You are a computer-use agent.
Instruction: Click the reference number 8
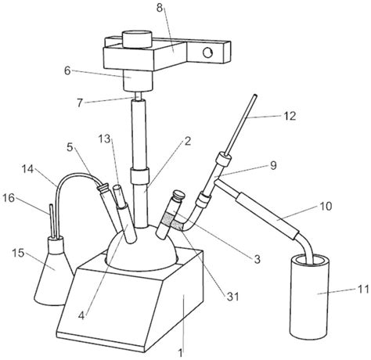pos(160,8)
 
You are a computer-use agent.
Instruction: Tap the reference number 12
pos(290,116)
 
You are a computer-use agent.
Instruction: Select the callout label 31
pos(232,297)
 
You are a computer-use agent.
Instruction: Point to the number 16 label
pos(9,198)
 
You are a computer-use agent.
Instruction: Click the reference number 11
pos(363,290)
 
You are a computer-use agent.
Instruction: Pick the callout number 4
pos(81,316)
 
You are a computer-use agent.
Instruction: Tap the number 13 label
pos(105,139)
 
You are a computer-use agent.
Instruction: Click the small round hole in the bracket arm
pos(207,52)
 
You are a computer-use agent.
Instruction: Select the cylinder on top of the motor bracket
pos(137,39)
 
